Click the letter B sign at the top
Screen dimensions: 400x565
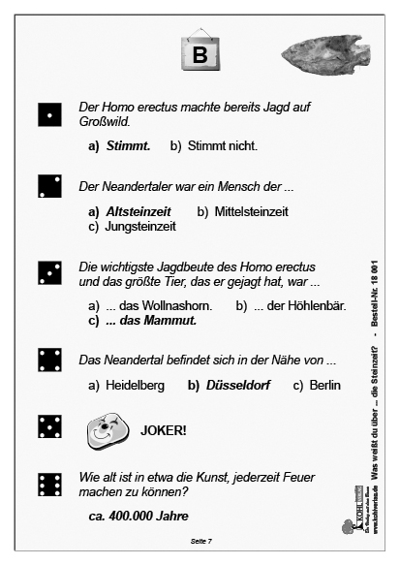click(200, 54)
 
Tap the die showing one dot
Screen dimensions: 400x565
click(48, 115)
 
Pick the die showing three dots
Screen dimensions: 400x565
click(48, 273)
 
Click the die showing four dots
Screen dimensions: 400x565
click(48, 360)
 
